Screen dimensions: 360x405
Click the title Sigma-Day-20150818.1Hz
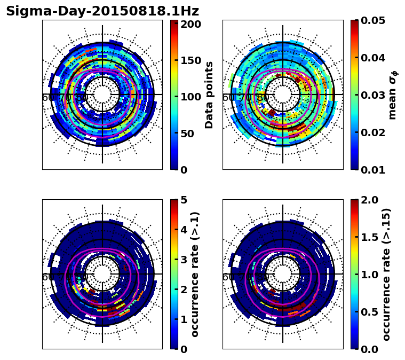point(102,11)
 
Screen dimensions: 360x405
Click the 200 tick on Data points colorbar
point(190,24)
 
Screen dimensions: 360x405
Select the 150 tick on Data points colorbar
point(190,60)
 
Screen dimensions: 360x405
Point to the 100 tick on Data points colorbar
point(190,97)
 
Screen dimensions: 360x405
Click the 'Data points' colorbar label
point(209,95)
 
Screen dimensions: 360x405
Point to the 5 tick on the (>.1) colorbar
point(184,200)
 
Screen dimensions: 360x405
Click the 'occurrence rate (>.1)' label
point(195,275)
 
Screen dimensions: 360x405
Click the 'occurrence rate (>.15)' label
point(387,275)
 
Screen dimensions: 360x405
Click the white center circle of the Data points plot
point(102,95)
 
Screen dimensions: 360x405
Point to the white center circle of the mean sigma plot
point(283,95)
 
